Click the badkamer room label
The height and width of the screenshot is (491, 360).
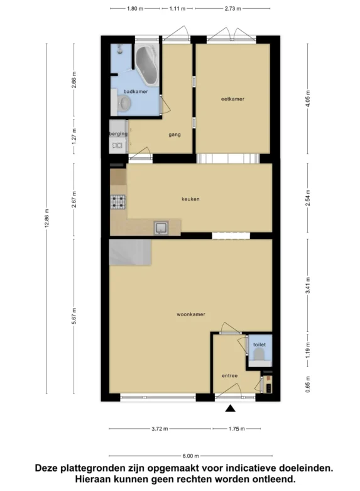[136, 91]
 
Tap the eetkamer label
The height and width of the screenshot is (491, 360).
[232, 99]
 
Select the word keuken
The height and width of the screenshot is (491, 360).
[190, 199]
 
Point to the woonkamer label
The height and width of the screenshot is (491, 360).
[191, 314]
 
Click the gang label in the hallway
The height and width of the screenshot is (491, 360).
[175, 135]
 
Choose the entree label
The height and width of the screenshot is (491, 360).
[230, 376]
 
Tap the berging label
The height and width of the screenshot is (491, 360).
[118, 134]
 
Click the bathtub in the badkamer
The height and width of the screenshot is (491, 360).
[147, 65]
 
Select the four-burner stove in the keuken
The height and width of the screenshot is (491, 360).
[118, 202]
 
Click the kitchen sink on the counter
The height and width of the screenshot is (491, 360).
[161, 228]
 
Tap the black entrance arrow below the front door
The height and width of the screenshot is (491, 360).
[231, 408]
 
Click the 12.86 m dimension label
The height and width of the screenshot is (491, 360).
[46, 218]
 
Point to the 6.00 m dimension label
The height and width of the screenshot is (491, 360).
[190, 456]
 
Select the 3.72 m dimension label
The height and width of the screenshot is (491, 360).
[160, 429]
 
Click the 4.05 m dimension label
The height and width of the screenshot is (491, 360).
[308, 99]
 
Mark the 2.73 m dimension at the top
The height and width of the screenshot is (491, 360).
[233, 9]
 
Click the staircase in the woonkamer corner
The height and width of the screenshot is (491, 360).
[130, 252]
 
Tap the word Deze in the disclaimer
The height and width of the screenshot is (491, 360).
[46, 468]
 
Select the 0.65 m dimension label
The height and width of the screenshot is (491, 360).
[308, 384]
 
